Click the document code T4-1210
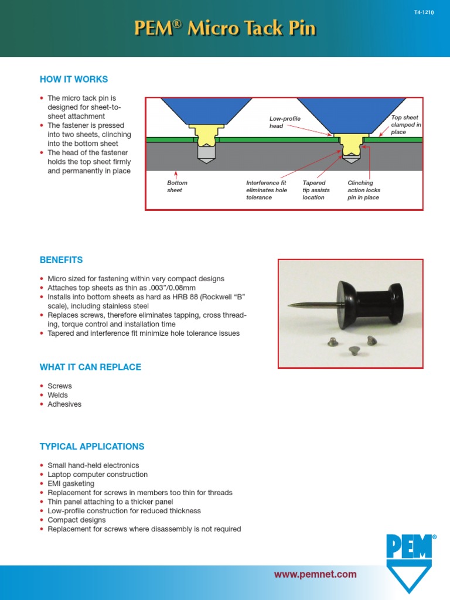tap(423, 12)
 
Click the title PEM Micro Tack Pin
tap(225, 29)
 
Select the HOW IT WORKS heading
tap(74, 79)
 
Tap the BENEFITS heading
tap(61, 260)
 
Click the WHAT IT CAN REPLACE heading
tap(90, 367)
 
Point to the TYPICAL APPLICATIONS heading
tap(91, 446)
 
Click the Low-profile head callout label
tap(285, 122)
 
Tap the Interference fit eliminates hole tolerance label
tap(267, 190)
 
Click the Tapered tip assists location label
tap(316, 190)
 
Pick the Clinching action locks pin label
tap(363, 190)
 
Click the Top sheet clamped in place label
tap(405, 125)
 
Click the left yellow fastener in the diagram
tap(204, 138)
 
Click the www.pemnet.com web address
tap(315, 574)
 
